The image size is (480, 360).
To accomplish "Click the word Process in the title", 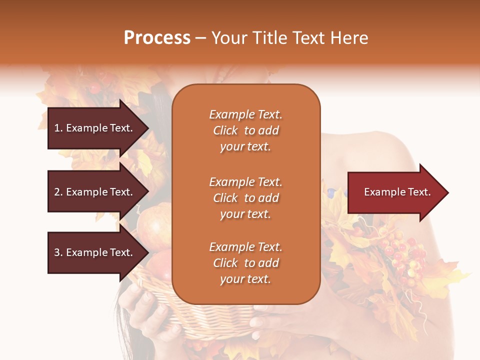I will coord(157,38).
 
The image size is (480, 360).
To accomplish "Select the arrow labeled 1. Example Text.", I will coord(95,128).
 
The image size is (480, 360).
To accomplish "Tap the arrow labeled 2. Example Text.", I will coord(95,192).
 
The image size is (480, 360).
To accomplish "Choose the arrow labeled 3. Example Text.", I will coord(95,252).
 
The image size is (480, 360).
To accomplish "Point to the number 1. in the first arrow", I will coord(58,128).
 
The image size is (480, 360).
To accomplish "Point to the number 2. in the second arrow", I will coord(58,192).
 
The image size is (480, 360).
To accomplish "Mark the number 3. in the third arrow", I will coord(58,252).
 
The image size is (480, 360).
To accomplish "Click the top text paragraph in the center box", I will coord(245,130).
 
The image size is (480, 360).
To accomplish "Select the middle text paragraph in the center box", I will coord(245,198).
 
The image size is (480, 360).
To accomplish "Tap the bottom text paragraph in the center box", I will coord(245,263).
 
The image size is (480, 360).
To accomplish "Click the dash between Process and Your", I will coord(200,38).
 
